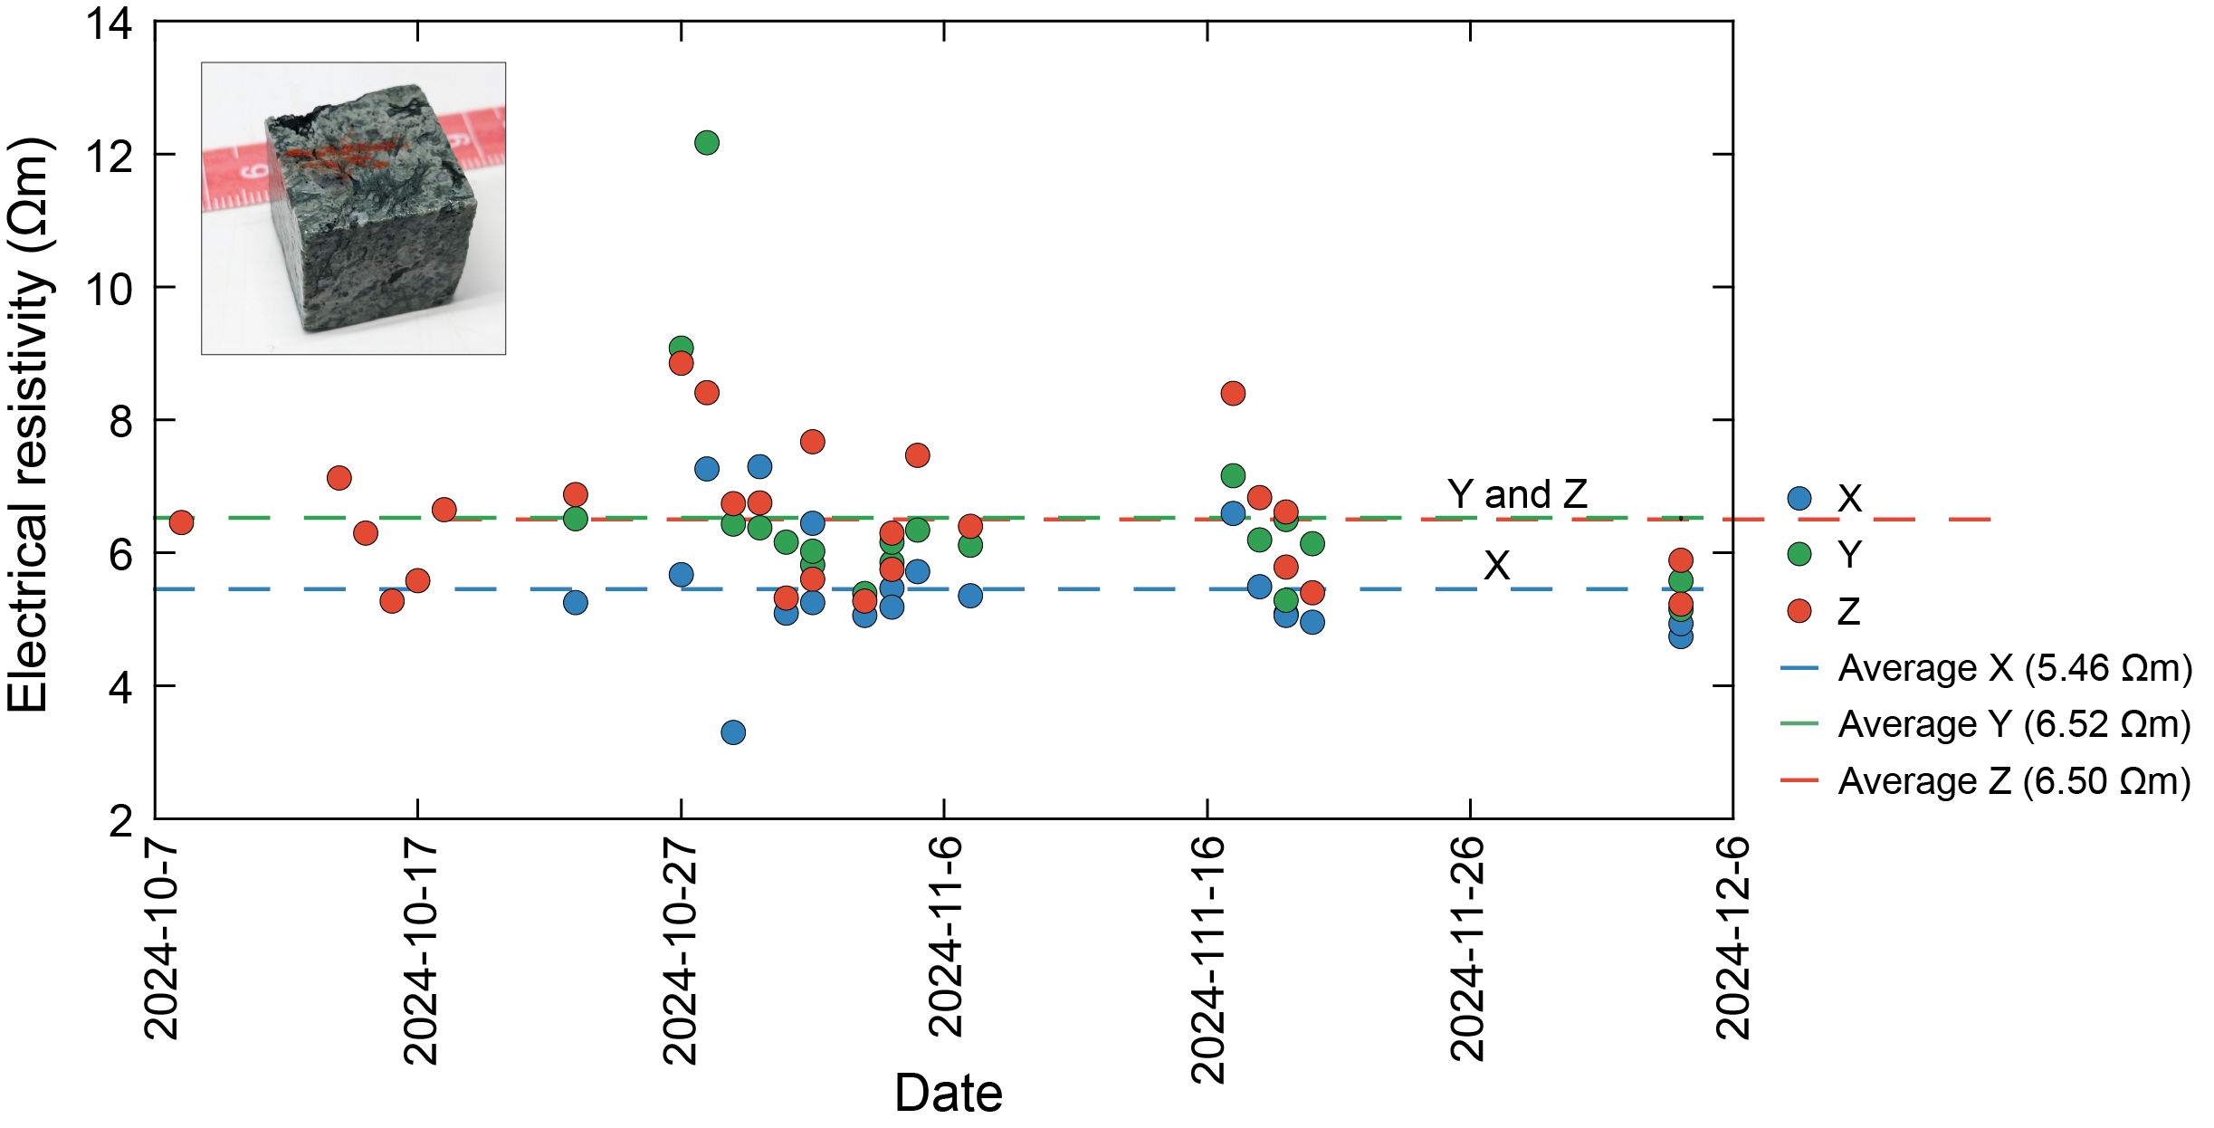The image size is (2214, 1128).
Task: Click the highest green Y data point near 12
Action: [707, 143]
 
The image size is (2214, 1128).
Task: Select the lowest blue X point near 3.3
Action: [733, 732]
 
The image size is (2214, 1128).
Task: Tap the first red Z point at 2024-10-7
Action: [181, 522]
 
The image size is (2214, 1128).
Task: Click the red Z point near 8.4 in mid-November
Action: [1233, 394]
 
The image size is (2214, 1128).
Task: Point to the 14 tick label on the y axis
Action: [109, 24]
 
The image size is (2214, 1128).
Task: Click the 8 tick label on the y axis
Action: [120, 422]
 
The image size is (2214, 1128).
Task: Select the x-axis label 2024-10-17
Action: [421, 951]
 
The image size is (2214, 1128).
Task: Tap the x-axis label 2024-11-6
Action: [946, 937]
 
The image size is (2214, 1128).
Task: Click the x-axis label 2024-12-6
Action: [1733, 938]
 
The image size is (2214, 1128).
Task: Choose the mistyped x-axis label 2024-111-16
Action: [1208, 960]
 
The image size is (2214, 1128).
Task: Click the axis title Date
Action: [948, 1094]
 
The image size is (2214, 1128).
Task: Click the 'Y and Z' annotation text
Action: [1517, 494]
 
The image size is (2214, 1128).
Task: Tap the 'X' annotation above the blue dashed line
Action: [1496, 566]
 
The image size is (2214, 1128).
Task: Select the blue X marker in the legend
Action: [1799, 499]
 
